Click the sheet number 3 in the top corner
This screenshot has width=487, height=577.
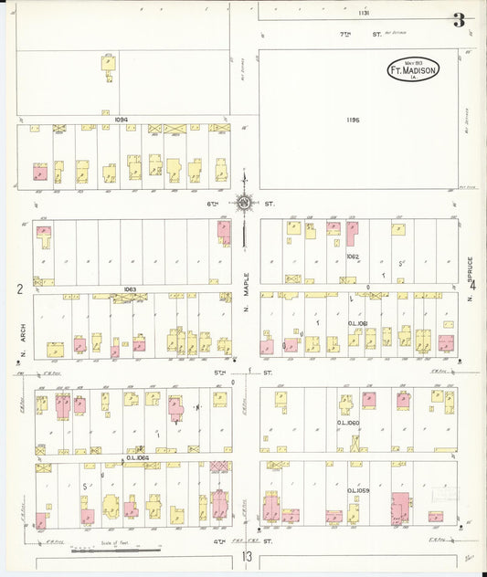coord(458,20)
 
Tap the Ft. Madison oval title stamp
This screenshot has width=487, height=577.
coord(414,69)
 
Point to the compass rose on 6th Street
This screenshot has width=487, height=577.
coord(244,204)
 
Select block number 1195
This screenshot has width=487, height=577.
coord(354,120)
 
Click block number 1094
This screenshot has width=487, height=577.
coord(122,120)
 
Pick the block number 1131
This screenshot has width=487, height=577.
coord(364,13)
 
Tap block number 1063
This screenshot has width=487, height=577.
coord(130,289)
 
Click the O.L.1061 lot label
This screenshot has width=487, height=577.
coord(358,323)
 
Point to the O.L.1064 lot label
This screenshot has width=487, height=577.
coord(137,457)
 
